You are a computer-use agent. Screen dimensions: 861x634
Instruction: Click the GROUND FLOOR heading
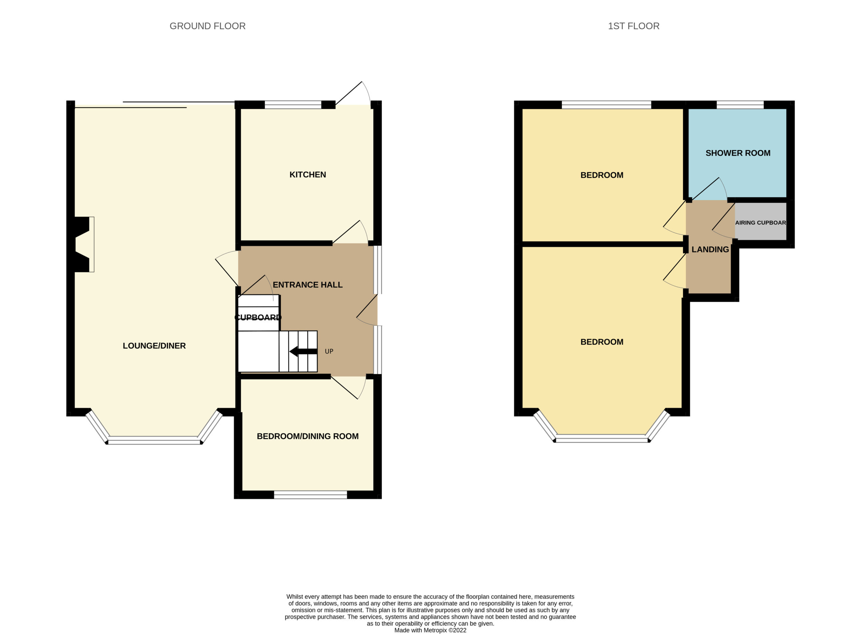click(x=207, y=26)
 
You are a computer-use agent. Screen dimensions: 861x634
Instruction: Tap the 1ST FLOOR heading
click(x=633, y=26)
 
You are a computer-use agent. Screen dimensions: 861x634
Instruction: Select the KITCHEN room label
click(x=307, y=174)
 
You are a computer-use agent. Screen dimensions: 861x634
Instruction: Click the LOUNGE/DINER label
click(x=154, y=346)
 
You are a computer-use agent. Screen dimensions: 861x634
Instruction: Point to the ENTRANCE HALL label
click(x=307, y=285)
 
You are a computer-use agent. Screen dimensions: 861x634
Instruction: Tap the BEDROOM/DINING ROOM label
click(x=307, y=436)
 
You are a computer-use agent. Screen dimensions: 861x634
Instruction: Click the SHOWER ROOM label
click(x=738, y=153)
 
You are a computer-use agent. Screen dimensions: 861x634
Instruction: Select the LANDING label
click(x=710, y=249)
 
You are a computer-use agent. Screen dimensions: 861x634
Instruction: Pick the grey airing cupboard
click(x=760, y=222)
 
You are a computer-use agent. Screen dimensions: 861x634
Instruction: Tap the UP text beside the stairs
click(x=329, y=351)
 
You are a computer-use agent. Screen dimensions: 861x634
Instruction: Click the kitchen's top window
click(x=293, y=105)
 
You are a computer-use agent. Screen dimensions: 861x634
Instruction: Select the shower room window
click(x=740, y=105)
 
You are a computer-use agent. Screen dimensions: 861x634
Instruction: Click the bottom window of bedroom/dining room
click(x=310, y=495)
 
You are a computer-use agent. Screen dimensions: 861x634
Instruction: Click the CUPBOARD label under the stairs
click(x=258, y=317)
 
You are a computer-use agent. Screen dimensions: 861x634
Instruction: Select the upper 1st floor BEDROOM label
click(x=601, y=175)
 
